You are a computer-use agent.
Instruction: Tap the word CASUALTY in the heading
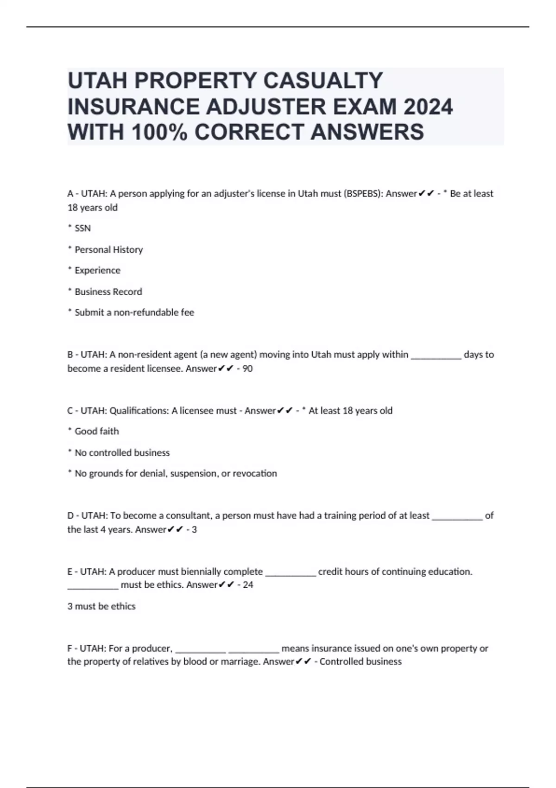pos(323,81)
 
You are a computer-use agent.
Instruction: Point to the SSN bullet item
pos(82,228)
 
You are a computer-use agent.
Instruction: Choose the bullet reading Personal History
pos(108,249)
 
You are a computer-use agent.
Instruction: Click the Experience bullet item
pos(97,270)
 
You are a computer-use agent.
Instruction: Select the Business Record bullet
pos(108,292)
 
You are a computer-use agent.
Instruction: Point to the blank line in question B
pos(436,356)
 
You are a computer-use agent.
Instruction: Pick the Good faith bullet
pos(96,431)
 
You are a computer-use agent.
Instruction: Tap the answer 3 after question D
pos(194,529)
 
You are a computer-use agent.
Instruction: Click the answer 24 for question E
pos(248,585)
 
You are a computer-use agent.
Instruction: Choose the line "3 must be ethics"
pos(101,606)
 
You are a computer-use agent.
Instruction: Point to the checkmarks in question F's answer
pos(303,661)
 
